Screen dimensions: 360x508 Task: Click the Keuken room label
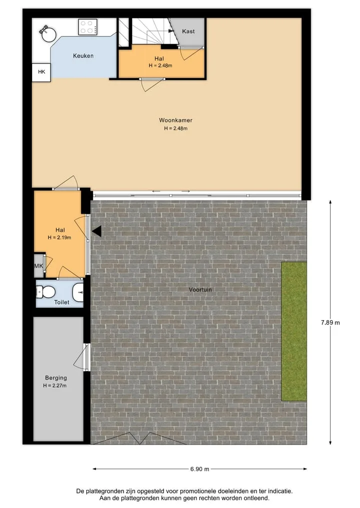point(83,56)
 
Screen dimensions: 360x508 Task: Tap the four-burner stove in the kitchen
point(87,27)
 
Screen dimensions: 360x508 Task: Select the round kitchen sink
point(48,34)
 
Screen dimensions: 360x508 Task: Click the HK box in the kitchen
point(41,72)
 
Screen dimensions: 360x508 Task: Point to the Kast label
point(188,31)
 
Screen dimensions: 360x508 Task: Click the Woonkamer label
point(175,120)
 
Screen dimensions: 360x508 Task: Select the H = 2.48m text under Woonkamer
point(175,128)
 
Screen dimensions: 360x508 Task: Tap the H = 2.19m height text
point(59,237)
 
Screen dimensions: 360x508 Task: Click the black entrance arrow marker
point(96,231)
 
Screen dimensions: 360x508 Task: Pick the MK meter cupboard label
point(38,266)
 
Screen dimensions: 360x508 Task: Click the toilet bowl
point(45,292)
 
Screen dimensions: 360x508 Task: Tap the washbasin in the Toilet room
point(78,292)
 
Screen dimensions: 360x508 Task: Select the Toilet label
point(61,302)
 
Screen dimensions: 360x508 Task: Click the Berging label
point(56,378)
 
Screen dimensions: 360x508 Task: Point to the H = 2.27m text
point(55,386)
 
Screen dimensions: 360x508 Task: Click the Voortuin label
point(200,290)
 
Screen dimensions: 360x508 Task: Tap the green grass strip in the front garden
point(294,331)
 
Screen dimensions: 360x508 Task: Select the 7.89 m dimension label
point(330,322)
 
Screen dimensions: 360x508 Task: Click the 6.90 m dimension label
point(199,469)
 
